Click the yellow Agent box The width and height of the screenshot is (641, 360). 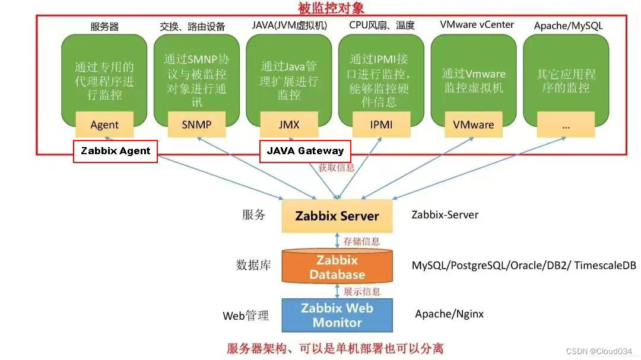point(104,125)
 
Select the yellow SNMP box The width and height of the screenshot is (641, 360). point(196,125)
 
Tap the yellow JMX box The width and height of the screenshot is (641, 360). point(289,125)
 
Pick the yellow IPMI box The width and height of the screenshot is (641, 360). point(381,125)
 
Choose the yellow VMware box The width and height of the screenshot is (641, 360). point(474,125)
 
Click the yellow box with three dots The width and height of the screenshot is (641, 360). point(566,125)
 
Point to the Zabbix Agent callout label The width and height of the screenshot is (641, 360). point(115,151)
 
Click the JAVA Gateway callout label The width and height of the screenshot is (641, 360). point(305,151)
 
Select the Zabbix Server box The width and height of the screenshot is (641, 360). point(337,216)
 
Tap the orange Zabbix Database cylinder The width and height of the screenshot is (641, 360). point(337,267)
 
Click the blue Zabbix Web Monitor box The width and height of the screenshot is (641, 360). point(337,315)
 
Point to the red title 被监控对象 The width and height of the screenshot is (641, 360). point(331,8)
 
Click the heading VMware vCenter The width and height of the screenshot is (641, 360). point(477,25)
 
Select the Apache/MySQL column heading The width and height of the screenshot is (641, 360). point(568,26)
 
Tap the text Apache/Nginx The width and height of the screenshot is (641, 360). point(449,314)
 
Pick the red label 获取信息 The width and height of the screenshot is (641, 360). point(336,167)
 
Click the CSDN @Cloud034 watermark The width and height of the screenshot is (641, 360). point(599,351)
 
